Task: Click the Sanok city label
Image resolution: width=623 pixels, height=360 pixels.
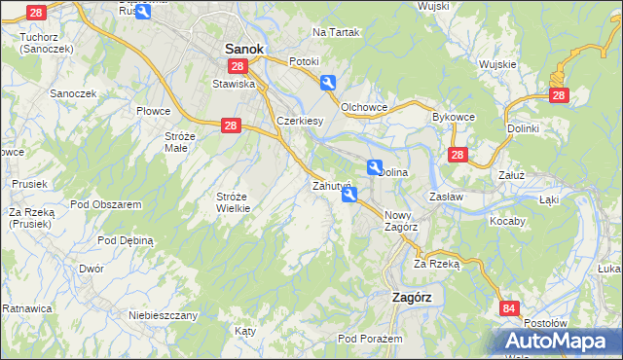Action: click(244, 47)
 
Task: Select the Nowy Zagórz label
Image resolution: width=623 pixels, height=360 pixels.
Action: click(401, 221)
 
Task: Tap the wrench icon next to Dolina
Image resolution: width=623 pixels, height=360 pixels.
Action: click(375, 167)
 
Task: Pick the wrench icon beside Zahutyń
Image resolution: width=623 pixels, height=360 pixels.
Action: click(349, 196)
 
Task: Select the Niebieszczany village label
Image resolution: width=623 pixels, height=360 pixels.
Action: click(164, 315)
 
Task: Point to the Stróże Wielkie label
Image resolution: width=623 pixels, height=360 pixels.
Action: click(234, 202)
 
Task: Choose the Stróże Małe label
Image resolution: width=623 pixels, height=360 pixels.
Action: click(182, 142)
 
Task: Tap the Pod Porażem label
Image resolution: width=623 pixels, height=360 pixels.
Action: click(370, 338)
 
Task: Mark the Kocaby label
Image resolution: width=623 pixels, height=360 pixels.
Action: click(507, 221)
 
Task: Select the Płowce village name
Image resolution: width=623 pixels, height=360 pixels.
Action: click(153, 112)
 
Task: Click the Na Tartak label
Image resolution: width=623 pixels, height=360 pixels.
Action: click(336, 32)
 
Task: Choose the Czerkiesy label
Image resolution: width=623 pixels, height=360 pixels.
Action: click(300, 121)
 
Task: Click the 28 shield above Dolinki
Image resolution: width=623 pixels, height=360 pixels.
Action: click(558, 94)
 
